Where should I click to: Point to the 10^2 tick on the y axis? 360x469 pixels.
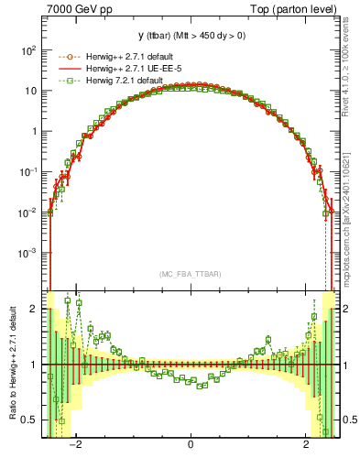(x=30, y=50)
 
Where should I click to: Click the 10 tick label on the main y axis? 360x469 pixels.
(x=32, y=91)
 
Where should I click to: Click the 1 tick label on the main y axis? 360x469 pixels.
(x=35, y=131)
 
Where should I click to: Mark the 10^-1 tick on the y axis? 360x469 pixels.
(x=30, y=171)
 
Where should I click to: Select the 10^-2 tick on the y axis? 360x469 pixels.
(x=30, y=212)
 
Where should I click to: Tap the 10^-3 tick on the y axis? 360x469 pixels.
(x=30, y=252)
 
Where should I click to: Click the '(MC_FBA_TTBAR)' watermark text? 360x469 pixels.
(x=190, y=274)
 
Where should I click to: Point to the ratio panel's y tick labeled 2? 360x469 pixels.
(x=35, y=309)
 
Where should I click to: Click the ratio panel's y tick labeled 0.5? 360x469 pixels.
(x=31, y=420)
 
